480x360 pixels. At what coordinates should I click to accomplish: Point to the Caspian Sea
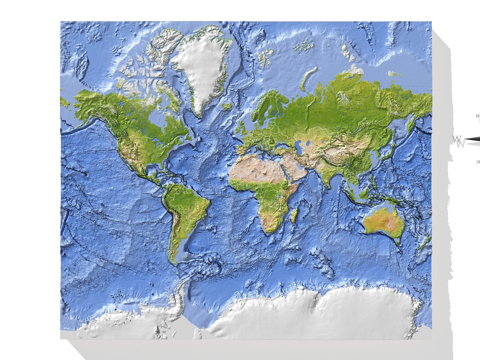click(299, 147)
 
